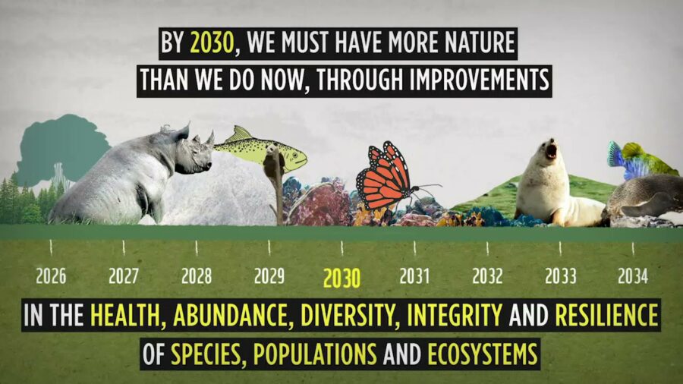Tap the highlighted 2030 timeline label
pyautogui.click(x=341, y=279)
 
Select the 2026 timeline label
pyautogui.click(x=51, y=275)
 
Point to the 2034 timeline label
pyautogui.click(x=632, y=275)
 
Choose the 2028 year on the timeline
pyautogui.click(x=197, y=275)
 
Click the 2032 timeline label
pyautogui.click(x=487, y=275)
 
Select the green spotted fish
pyautogui.click(x=262, y=149)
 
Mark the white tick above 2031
pyautogui.click(x=414, y=247)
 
